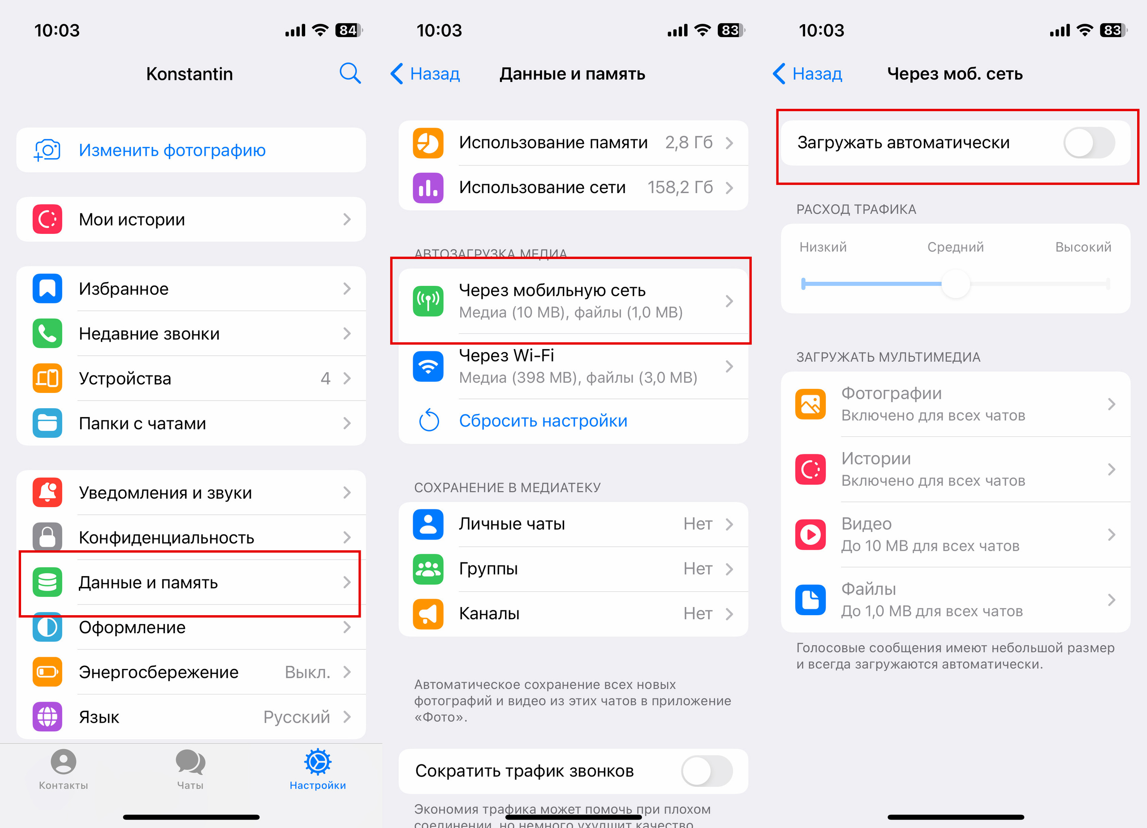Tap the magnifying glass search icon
(350, 73)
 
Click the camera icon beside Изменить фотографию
(47, 150)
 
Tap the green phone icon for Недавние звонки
(47, 333)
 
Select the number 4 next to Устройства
(325, 378)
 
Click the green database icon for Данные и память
(47, 582)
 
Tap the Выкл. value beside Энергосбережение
(307, 672)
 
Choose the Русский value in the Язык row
(296, 717)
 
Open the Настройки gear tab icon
(318, 762)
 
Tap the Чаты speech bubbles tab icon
(190, 762)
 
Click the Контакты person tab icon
(63, 762)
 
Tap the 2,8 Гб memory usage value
(689, 142)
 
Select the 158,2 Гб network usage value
(680, 188)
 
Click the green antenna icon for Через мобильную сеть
(428, 301)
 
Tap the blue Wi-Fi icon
(428, 366)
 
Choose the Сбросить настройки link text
(543, 421)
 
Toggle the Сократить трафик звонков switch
(707, 771)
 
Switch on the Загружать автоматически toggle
(1089, 142)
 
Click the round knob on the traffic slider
(955, 284)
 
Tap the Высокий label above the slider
(1083, 247)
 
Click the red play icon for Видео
(810, 535)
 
